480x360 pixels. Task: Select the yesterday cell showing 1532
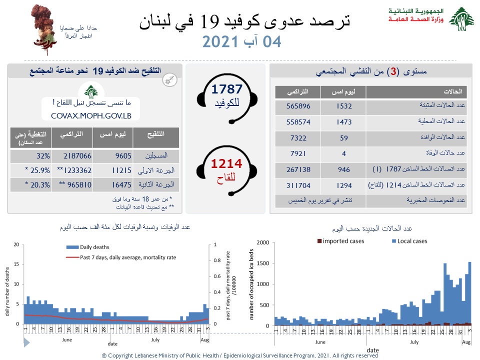(344, 106)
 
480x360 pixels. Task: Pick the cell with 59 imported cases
(344, 137)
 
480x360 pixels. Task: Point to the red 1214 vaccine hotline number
(226, 163)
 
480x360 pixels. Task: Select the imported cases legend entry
(340, 241)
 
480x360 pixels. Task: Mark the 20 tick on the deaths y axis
(16, 245)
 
